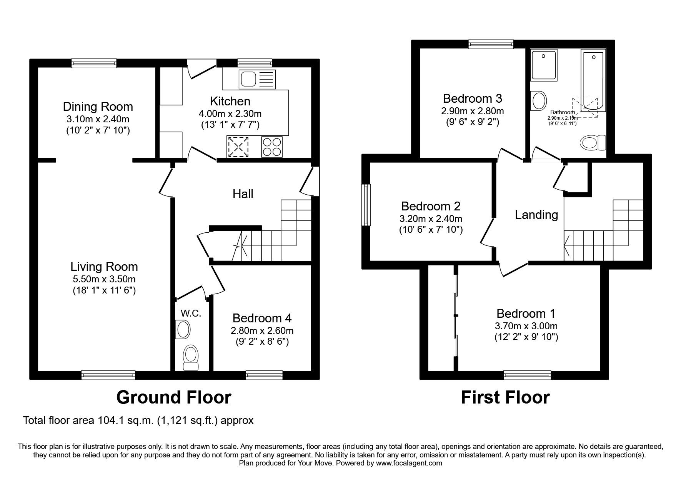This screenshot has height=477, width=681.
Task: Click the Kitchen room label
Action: tap(230, 101)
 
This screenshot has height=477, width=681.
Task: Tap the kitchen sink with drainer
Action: tap(257, 79)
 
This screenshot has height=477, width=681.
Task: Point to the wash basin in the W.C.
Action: tap(183, 330)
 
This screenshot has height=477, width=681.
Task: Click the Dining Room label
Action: tap(98, 107)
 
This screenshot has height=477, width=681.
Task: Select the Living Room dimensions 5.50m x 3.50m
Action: tap(104, 279)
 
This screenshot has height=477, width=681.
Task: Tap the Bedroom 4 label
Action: tap(262, 318)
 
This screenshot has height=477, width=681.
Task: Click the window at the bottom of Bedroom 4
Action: tap(264, 374)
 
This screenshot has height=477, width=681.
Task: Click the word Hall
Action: tap(243, 193)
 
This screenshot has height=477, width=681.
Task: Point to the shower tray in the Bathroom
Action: tap(543, 65)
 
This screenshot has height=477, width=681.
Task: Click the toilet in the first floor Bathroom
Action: tap(592, 143)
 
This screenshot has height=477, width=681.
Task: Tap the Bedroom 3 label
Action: tap(472, 98)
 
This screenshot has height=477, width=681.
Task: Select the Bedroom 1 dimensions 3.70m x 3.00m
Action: tap(526, 326)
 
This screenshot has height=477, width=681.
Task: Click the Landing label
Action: tap(536, 214)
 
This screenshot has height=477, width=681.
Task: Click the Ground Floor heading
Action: tap(173, 397)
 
